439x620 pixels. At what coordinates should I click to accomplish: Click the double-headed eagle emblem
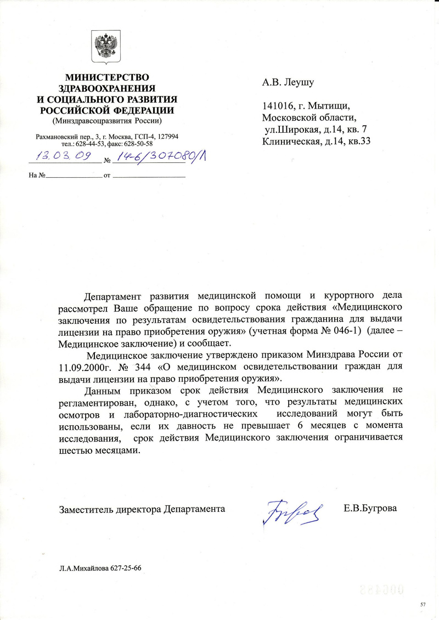coord(106,48)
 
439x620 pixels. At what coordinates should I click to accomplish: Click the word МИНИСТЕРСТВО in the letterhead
coord(107,78)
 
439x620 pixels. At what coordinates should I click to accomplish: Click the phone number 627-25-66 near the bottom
coord(125,568)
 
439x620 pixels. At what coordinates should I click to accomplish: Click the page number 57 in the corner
coord(423,604)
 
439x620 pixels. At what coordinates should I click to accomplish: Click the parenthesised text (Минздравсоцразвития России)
coord(107,120)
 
